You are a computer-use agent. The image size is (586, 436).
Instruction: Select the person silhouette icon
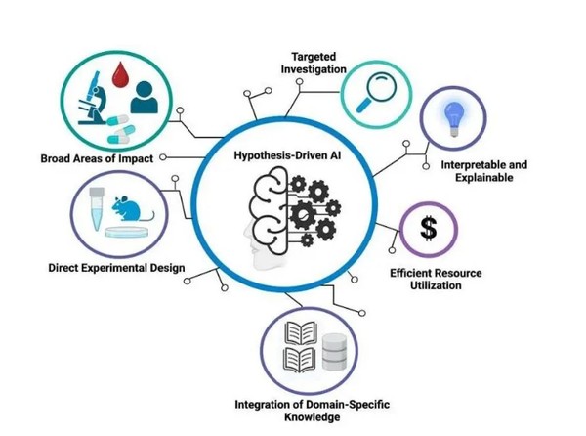click(144, 97)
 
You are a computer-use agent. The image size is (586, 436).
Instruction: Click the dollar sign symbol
click(429, 229)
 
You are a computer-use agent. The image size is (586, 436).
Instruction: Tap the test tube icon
click(97, 208)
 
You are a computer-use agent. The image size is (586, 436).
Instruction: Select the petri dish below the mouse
click(127, 232)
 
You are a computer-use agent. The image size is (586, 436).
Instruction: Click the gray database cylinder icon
click(334, 352)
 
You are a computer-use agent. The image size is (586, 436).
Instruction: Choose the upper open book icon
click(301, 332)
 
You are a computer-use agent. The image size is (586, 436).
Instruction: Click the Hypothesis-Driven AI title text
click(287, 155)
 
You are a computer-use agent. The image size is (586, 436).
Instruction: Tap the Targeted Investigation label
click(314, 63)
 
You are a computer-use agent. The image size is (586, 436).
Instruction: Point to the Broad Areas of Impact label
click(97, 158)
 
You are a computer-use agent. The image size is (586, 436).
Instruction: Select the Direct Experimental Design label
click(116, 268)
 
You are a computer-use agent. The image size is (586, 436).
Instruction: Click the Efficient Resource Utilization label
click(436, 279)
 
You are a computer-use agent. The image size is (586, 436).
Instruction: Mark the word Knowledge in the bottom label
click(313, 416)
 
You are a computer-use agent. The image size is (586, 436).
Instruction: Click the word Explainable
click(484, 177)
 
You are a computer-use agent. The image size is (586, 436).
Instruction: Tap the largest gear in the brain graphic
click(303, 214)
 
